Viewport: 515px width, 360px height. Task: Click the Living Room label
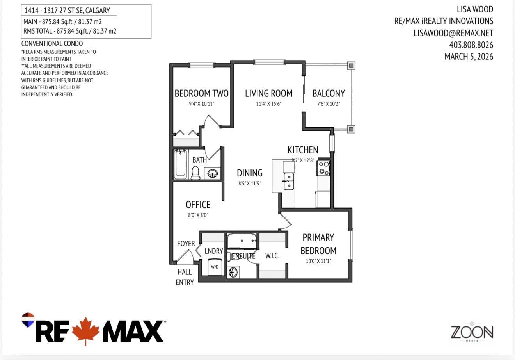(x=268, y=93)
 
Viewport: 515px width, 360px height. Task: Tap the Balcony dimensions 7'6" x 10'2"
(x=329, y=104)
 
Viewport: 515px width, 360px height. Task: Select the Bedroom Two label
(x=201, y=93)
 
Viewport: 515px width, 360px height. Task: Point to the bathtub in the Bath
(x=181, y=164)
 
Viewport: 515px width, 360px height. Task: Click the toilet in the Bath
(x=196, y=172)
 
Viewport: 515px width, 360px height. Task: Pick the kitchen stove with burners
(x=323, y=168)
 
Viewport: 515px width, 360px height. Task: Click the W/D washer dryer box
(x=215, y=267)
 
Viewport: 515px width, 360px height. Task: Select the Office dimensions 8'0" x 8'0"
(x=198, y=215)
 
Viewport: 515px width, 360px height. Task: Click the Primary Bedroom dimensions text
(x=318, y=261)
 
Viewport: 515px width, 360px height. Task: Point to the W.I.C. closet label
(x=272, y=256)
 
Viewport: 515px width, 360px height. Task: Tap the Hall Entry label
(x=185, y=277)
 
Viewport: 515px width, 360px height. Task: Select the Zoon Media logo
(x=472, y=332)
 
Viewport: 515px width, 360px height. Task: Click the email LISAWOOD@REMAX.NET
(x=453, y=33)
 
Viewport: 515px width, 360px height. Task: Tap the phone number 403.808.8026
(x=471, y=45)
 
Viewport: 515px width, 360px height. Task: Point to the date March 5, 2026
(x=469, y=57)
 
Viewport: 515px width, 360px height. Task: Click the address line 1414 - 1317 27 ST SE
(x=67, y=11)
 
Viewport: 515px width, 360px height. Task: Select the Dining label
(x=250, y=173)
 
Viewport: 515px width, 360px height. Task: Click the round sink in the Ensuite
(x=233, y=272)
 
